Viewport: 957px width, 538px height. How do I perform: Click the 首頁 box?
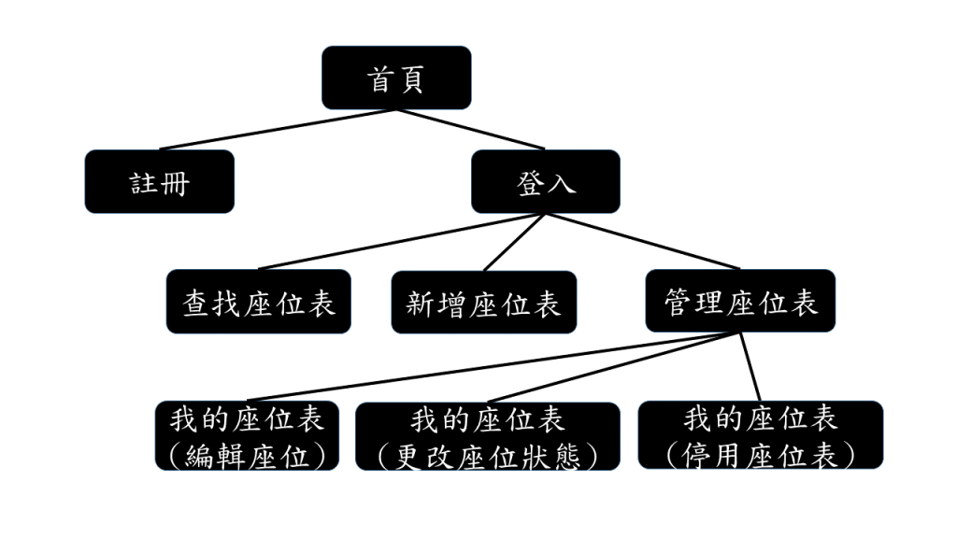[396, 78]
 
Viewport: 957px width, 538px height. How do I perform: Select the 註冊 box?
[159, 181]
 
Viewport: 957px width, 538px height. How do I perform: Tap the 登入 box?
[545, 181]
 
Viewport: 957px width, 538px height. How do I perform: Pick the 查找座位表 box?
[259, 302]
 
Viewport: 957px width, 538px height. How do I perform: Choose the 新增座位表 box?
[483, 302]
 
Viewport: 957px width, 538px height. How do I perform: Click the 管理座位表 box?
[740, 301]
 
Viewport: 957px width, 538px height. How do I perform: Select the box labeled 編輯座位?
[247, 436]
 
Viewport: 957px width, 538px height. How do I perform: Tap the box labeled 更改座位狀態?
[487, 436]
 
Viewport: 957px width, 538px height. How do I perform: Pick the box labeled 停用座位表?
[760, 435]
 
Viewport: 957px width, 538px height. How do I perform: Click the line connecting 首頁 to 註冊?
[278, 129]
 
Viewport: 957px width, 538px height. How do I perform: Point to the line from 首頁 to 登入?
[470, 129]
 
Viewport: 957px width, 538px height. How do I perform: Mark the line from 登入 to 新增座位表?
[513, 242]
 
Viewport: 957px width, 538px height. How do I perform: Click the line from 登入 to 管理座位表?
[641, 241]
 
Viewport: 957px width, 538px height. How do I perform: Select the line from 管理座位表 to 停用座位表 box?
[751, 367]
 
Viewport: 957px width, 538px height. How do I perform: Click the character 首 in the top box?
[380, 78]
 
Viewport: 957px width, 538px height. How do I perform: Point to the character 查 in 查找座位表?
[196, 303]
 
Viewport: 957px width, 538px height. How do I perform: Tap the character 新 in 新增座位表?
[421, 303]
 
